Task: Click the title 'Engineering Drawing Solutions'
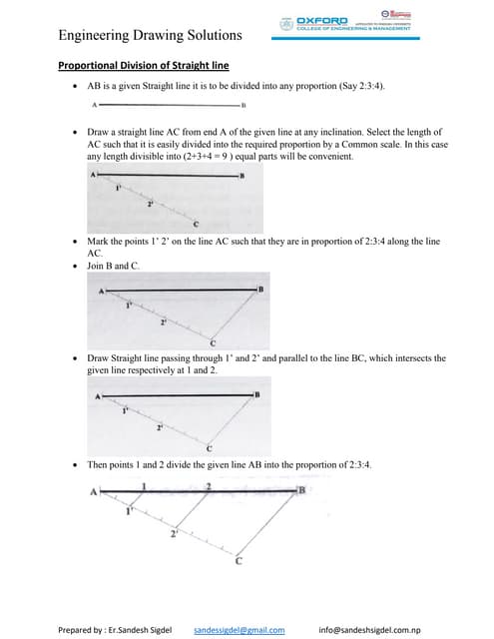click(151, 35)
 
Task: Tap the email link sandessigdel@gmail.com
click(240, 630)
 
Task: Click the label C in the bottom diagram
click(239, 562)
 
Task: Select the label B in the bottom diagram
click(302, 490)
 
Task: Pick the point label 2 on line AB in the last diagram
click(208, 486)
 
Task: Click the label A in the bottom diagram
click(94, 492)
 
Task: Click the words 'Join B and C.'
click(115, 267)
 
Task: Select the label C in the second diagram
click(196, 224)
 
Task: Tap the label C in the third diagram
click(214, 342)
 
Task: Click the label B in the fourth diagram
click(258, 395)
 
